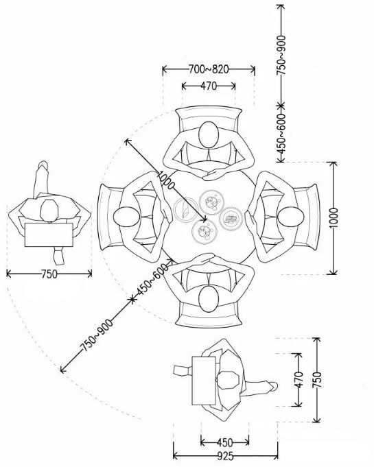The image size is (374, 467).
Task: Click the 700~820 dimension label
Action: point(209,69)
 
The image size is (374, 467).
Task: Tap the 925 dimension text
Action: point(226,456)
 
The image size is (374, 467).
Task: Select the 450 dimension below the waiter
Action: point(224,442)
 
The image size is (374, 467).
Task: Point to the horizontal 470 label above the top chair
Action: point(209,86)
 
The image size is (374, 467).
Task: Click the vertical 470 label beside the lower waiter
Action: point(299,379)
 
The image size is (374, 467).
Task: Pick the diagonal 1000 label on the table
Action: point(165,180)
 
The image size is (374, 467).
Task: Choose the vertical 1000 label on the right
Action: point(334,218)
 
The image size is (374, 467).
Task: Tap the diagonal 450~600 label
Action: point(152,280)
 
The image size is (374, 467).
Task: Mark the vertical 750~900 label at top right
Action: point(281,55)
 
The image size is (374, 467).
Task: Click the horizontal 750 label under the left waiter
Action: point(49,274)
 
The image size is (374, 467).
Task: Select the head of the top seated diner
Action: point(209,134)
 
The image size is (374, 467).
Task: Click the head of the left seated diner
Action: point(126,217)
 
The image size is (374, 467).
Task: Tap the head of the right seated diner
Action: point(290,217)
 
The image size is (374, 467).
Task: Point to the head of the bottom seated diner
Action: point(209,299)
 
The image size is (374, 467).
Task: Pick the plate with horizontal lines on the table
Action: point(231,219)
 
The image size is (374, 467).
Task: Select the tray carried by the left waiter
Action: point(49,235)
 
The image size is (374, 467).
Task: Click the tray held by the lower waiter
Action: point(204,381)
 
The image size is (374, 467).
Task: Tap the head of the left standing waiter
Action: point(49,211)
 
